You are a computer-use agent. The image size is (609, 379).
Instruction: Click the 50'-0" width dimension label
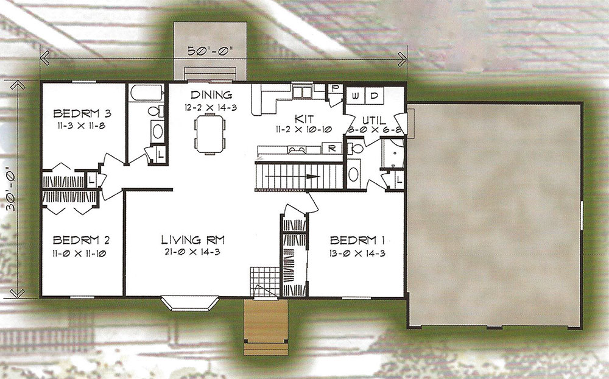click(209, 51)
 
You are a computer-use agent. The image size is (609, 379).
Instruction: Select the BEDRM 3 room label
click(82, 113)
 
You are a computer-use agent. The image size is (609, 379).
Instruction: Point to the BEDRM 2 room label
click(81, 240)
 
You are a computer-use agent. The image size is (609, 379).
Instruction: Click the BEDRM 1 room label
click(357, 240)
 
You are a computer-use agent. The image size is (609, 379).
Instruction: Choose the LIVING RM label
click(192, 240)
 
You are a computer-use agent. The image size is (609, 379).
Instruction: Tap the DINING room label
click(211, 94)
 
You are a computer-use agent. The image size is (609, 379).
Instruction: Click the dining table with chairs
click(209, 134)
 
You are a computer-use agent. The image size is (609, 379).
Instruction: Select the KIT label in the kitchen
click(304, 119)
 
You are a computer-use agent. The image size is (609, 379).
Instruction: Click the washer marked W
click(356, 96)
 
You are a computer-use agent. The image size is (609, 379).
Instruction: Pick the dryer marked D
click(375, 96)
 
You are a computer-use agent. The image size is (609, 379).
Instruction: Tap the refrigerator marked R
click(332, 148)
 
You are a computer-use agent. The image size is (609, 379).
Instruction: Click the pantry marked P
click(334, 88)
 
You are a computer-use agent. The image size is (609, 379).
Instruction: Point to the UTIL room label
click(373, 119)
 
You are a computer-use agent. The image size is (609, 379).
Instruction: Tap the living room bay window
click(189, 303)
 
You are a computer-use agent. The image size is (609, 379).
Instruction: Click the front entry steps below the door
click(266, 327)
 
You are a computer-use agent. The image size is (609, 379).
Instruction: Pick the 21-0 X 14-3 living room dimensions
click(192, 252)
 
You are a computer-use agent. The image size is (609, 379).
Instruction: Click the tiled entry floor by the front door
click(264, 282)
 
